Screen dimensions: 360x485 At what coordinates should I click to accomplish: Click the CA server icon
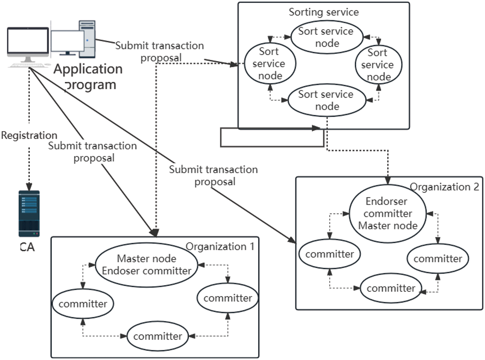click(x=29, y=213)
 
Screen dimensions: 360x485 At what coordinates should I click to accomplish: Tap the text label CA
click(x=27, y=247)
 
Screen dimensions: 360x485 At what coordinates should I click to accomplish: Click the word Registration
click(x=29, y=135)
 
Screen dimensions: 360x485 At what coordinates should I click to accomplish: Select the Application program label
click(x=88, y=77)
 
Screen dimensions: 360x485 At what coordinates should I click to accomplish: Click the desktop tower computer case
click(x=87, y=39)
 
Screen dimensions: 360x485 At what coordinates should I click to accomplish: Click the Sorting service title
click(x=324, y=12)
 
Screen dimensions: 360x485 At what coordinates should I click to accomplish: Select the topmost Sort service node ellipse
click(x=327, y=37)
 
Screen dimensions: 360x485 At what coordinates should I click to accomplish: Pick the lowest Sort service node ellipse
click(x=327, y=100)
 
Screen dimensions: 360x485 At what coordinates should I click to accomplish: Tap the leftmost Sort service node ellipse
click(x=270, y=64)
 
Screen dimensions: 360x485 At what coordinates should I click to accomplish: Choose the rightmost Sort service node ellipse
click(x=378, y=65)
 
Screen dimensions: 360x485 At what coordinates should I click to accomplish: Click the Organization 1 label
click(x=220, y=247)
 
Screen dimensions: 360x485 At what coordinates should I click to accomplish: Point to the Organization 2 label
click(x=444, y=187)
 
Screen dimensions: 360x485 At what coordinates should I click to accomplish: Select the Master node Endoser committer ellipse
click(x=146, y=265)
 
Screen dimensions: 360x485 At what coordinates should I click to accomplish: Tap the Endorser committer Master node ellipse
click(x=388, y=213)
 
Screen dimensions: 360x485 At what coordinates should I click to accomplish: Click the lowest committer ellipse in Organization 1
click(x=157, y=336)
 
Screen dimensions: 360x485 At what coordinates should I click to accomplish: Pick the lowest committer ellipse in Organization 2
click(x=391, y=288)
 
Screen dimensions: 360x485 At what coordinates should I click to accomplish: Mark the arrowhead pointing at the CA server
click(x=29, y=187)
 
